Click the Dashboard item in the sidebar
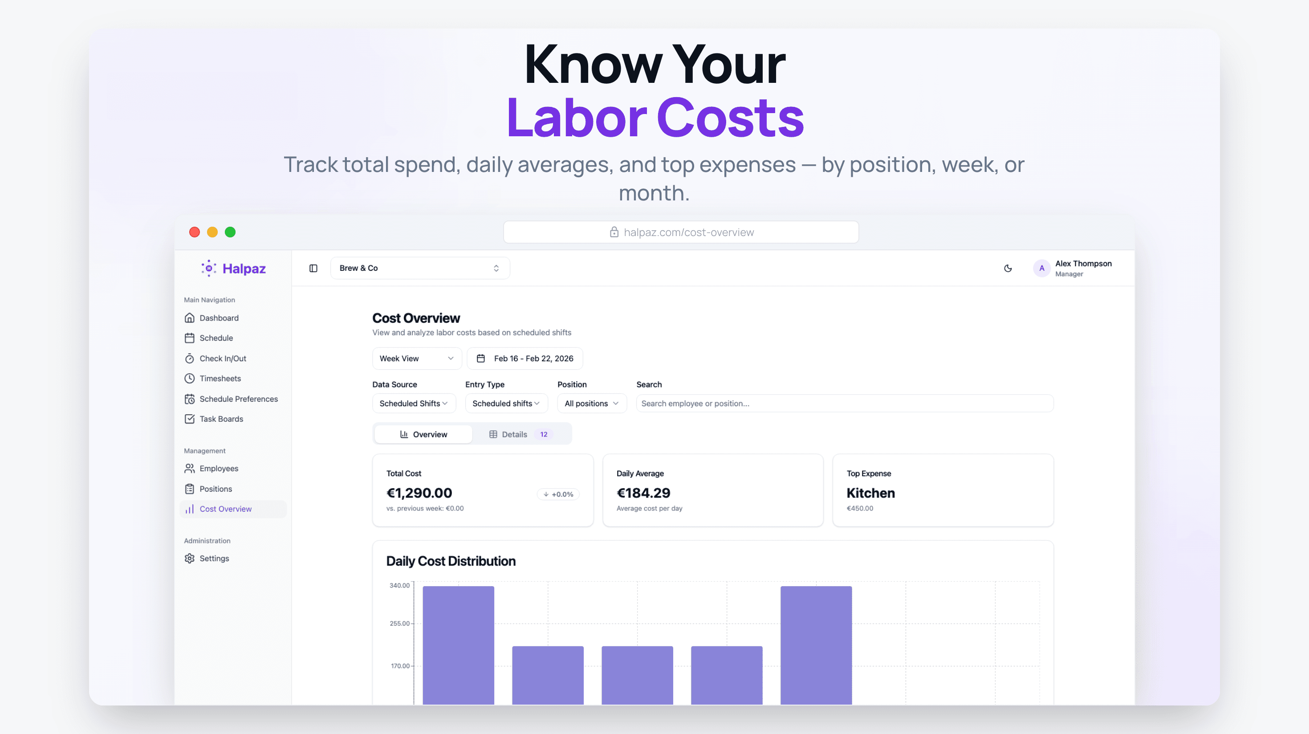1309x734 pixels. [x=219, y=318]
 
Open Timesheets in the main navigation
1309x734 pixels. [x=220, y=378]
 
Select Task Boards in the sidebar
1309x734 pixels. [x=220, y=419]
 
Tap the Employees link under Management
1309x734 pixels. [x=219, y=468]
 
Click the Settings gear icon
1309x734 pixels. [x=190, y=558]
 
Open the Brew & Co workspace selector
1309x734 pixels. [x=420, y=268]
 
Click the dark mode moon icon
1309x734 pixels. [x=1008, y=268]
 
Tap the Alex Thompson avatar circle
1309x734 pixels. [x=1041, y=268]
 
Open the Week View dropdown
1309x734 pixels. [x=416, y=359]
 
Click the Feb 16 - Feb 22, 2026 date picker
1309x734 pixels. [x=524, y=359]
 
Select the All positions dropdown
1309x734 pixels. [x=591, y=403]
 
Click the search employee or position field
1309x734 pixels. [x=844, y=403]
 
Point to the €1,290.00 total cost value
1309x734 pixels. [x=419, y=493]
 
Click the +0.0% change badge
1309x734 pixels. [x=558, y=494]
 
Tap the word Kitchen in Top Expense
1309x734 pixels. [x=870, y=493]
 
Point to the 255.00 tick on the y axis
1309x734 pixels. [x=399, y=623]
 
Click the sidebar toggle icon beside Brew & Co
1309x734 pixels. [x=313, y=268]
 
